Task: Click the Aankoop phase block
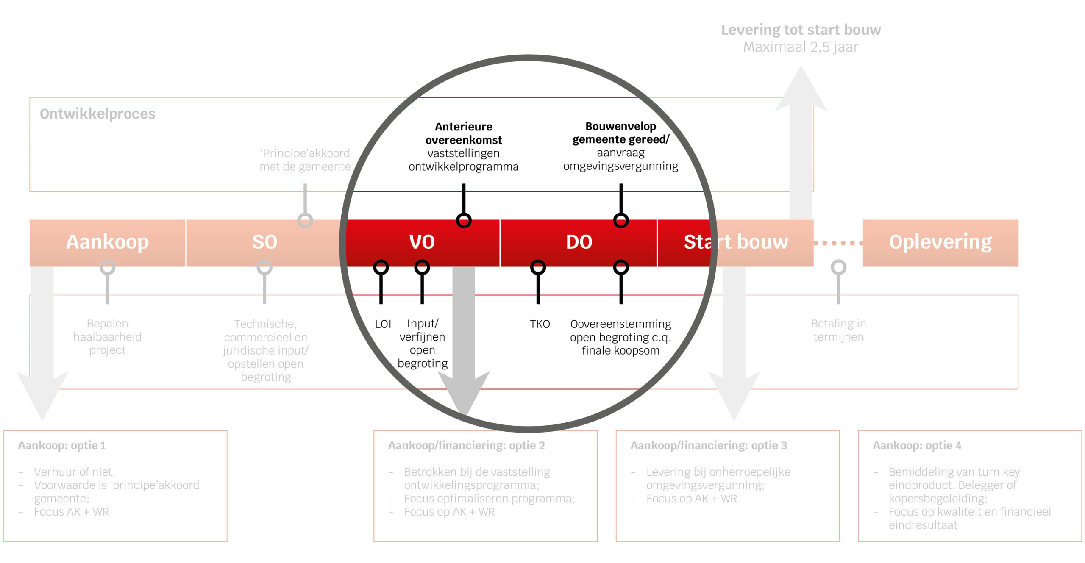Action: click(107, 243)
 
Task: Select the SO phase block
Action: click(264, 243)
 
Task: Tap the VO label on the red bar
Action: click(422, 242)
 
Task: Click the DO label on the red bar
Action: click(579, 242)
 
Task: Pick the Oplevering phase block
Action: click(940, 243)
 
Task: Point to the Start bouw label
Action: click(736, 242)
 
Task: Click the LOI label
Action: click(383, 324)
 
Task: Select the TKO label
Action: click(540, 324)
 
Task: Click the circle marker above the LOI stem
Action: click(381, 267)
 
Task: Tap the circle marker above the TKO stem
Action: click(538, 267)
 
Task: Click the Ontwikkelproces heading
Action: click(97, 114)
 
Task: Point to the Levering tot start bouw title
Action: click(801, 30)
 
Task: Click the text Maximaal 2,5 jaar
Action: click(801, 47)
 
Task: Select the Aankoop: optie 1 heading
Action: click(62, 445)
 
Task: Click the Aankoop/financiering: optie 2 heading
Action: click(466, 445)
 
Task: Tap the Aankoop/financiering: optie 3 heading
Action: click(709, 445)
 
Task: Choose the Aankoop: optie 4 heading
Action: click(917, 445)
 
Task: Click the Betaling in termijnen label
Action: click(838, 330)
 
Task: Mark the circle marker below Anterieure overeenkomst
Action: click(464, 220)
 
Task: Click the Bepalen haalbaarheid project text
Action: click(107, 337)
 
